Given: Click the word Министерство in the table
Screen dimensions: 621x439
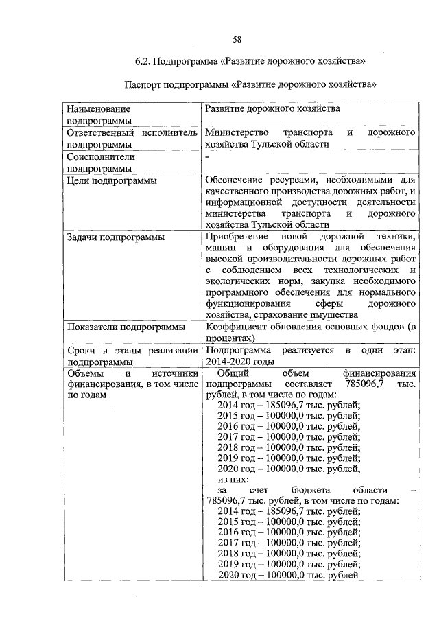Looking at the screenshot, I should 234,132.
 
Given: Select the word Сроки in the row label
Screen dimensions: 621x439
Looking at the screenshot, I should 82,350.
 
